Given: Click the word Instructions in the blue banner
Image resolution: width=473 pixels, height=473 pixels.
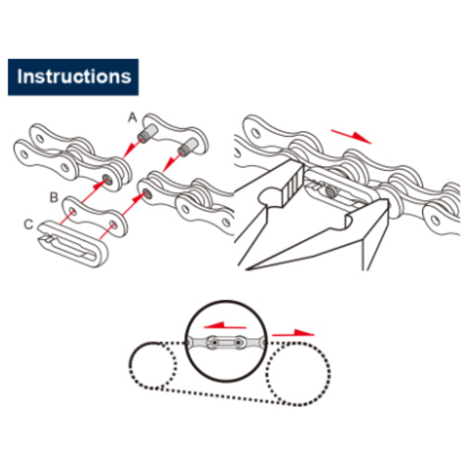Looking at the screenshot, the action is click(x=74, y=77).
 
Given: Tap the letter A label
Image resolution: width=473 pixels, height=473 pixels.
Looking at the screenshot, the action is click(x=132, y=117).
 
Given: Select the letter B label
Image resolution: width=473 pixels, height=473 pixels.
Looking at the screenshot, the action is click(x=54, y=197).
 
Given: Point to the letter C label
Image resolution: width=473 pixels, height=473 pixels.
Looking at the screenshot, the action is click(x=28, y=224).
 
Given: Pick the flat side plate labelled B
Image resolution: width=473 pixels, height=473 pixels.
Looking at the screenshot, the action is click(x=95, y=216).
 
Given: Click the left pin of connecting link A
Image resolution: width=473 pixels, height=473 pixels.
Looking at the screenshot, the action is click(x=148, y=134).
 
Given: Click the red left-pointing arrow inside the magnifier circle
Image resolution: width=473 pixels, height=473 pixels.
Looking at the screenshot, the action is click(x=225, y=325).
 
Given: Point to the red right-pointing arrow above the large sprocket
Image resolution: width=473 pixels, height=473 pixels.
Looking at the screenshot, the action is click(x=293, y=333).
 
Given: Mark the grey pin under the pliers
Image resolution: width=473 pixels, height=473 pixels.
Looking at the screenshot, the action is click(x=330, y=191).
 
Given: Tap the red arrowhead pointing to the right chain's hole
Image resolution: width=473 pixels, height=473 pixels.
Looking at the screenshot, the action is click(x=139, y=197).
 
